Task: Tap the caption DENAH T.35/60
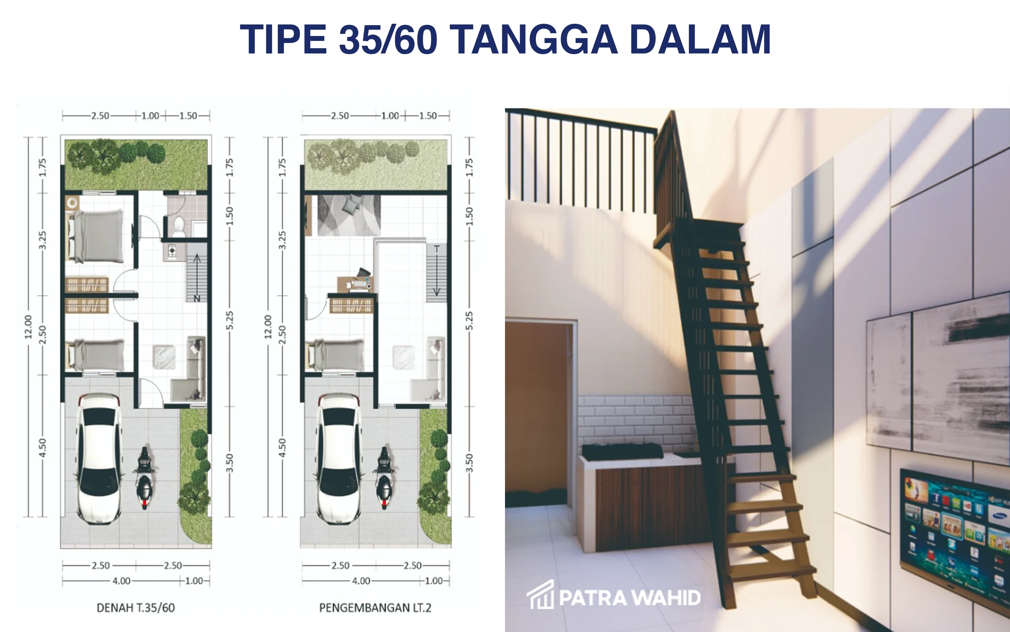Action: (136, 607)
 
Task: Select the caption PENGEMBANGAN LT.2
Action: (375, 607)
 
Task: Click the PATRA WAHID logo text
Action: (629, 598)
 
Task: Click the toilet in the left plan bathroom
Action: (179, 226)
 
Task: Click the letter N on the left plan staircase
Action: (196, 298)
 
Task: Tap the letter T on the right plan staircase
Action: (437, 249)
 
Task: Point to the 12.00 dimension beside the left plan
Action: (28, 326)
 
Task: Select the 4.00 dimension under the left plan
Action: (121, 581)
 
